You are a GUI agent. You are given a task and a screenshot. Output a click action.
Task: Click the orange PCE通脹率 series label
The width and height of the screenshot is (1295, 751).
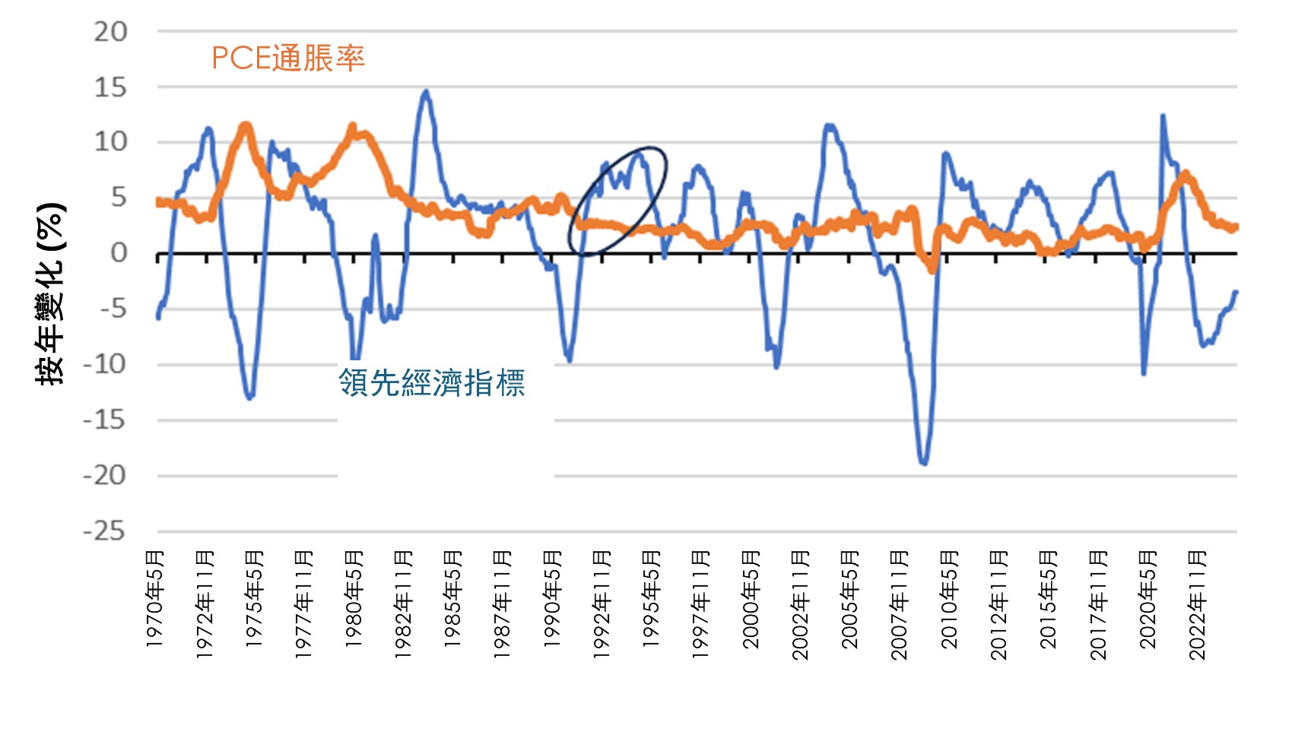pos(288,58)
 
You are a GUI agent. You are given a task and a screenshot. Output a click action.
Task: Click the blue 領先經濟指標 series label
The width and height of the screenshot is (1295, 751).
pos(431,382)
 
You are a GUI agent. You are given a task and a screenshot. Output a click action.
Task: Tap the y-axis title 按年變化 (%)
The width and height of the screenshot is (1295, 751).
pos(51,294)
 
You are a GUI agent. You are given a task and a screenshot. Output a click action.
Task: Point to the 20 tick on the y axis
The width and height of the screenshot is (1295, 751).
pos(110,32)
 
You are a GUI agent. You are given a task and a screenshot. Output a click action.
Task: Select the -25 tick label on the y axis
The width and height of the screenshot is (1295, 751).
pos(104,531)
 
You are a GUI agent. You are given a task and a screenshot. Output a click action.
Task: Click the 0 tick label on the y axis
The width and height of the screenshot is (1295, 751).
pos(119,253)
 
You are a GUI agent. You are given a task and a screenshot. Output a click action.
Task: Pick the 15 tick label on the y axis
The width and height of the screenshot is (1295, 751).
pos(110,87)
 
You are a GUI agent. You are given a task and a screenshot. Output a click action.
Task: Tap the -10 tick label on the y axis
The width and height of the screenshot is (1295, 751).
pos(104,365)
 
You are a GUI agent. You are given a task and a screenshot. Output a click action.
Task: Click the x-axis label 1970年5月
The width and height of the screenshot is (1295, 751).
pos(155,600)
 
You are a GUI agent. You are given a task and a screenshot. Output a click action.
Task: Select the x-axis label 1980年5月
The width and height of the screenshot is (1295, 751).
pos(354,600)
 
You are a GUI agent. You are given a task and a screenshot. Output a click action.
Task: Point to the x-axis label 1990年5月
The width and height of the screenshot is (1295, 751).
pos(553,600)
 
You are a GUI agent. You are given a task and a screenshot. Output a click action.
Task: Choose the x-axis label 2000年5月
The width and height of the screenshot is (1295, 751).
pos(751,600)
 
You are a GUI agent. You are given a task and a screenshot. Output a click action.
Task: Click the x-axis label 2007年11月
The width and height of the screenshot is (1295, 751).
pos(900,605)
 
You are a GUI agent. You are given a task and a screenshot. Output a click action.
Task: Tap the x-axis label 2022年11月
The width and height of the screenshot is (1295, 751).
pos(1198,605)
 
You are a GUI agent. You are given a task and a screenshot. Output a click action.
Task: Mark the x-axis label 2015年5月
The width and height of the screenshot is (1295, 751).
pos(1049,600)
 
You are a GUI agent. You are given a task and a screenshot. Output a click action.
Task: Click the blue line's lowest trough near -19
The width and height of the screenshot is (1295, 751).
pos(924,462)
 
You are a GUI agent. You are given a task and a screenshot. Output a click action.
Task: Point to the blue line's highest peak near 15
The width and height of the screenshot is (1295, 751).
pos(426,92)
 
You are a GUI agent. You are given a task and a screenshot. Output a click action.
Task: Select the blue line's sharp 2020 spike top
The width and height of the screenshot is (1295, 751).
pos(1162,116)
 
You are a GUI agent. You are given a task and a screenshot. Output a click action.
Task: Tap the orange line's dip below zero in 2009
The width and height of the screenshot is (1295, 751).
pos(932,268)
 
